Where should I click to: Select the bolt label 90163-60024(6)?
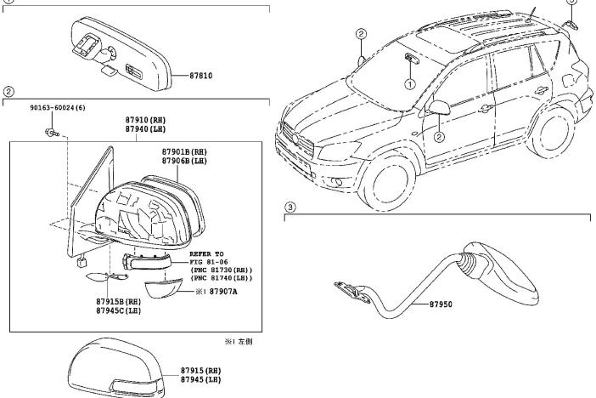[60, 109]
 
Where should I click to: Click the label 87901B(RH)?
[184, 151]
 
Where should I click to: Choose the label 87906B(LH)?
[184, 160]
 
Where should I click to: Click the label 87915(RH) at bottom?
[200, 371]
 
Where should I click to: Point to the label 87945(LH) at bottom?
[200, 379]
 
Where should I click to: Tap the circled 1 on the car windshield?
[409, 84]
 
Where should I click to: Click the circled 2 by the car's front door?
[440, 136]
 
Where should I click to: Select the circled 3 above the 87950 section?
[290, 206]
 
